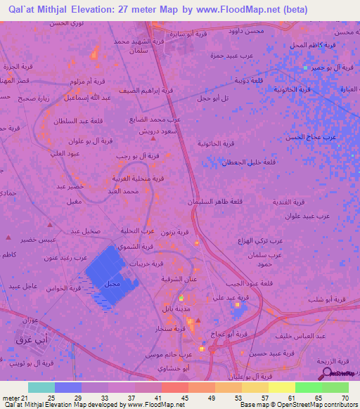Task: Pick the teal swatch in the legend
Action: tap(41, 387)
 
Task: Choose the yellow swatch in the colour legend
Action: tap(282, 387)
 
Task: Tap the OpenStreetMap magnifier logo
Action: tap(328, 375)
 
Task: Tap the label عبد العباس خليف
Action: tap(320, 336)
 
